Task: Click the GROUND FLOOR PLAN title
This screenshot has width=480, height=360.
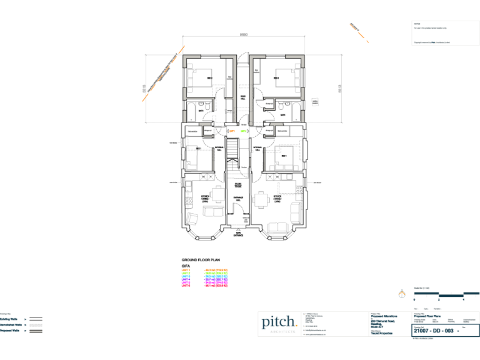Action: [x=200, y=259]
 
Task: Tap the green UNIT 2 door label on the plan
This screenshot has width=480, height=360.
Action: [x=243, y=131]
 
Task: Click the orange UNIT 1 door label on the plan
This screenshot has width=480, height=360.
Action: [x=231, y=131]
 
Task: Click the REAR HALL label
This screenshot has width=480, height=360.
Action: [x=242, y=96]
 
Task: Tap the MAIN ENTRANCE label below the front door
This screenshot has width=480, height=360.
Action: [x=238, y=234]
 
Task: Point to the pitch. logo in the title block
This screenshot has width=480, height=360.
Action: [x=279, y=322]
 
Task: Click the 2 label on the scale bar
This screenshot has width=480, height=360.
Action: [x=439, y=300]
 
